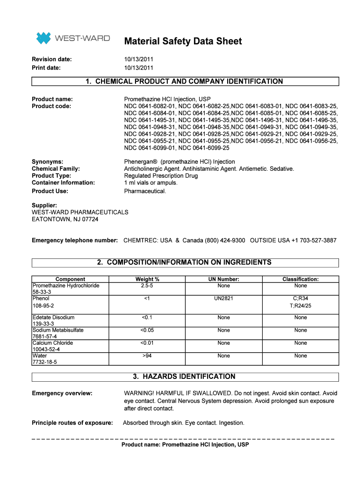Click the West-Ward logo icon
43,38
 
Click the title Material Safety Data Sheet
183,41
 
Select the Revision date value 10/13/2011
138,59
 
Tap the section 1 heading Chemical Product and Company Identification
185,81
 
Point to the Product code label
51,106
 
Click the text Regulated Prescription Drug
161,175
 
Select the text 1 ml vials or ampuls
151,182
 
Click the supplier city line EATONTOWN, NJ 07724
65,219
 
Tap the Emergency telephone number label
75,240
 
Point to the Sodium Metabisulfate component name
58,330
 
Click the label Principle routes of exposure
72,423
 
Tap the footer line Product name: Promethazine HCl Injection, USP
185,445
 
